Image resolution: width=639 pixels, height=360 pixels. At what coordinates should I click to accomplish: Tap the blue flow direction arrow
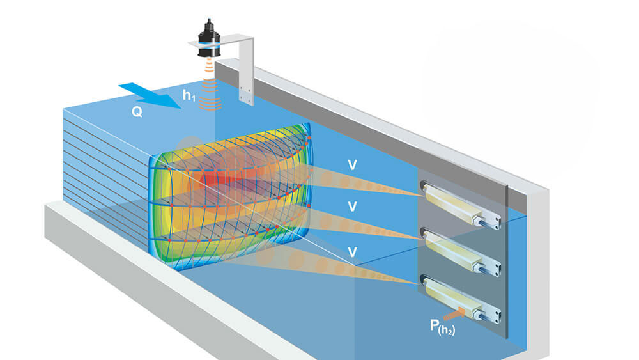[x=150, y=95]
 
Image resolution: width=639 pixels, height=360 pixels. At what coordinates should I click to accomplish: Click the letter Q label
[x=137, y=112]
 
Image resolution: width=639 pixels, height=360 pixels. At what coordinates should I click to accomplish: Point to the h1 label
[x=189, y=95]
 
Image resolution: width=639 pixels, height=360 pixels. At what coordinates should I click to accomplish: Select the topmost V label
[x=352, y=165]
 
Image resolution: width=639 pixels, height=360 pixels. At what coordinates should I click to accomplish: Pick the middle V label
[x=352, y=207]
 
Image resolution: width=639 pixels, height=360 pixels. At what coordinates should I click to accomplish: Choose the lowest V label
[x=352, y=252]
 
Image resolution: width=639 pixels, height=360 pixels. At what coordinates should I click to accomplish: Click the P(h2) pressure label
[x=443, y=327]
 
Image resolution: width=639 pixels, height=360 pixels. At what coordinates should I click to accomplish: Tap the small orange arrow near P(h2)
[x=454, y=314]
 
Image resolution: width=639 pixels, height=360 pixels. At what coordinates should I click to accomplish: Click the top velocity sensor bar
[x=461, y=205]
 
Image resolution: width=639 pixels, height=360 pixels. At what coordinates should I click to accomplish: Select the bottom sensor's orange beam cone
[x=326, y=265]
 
